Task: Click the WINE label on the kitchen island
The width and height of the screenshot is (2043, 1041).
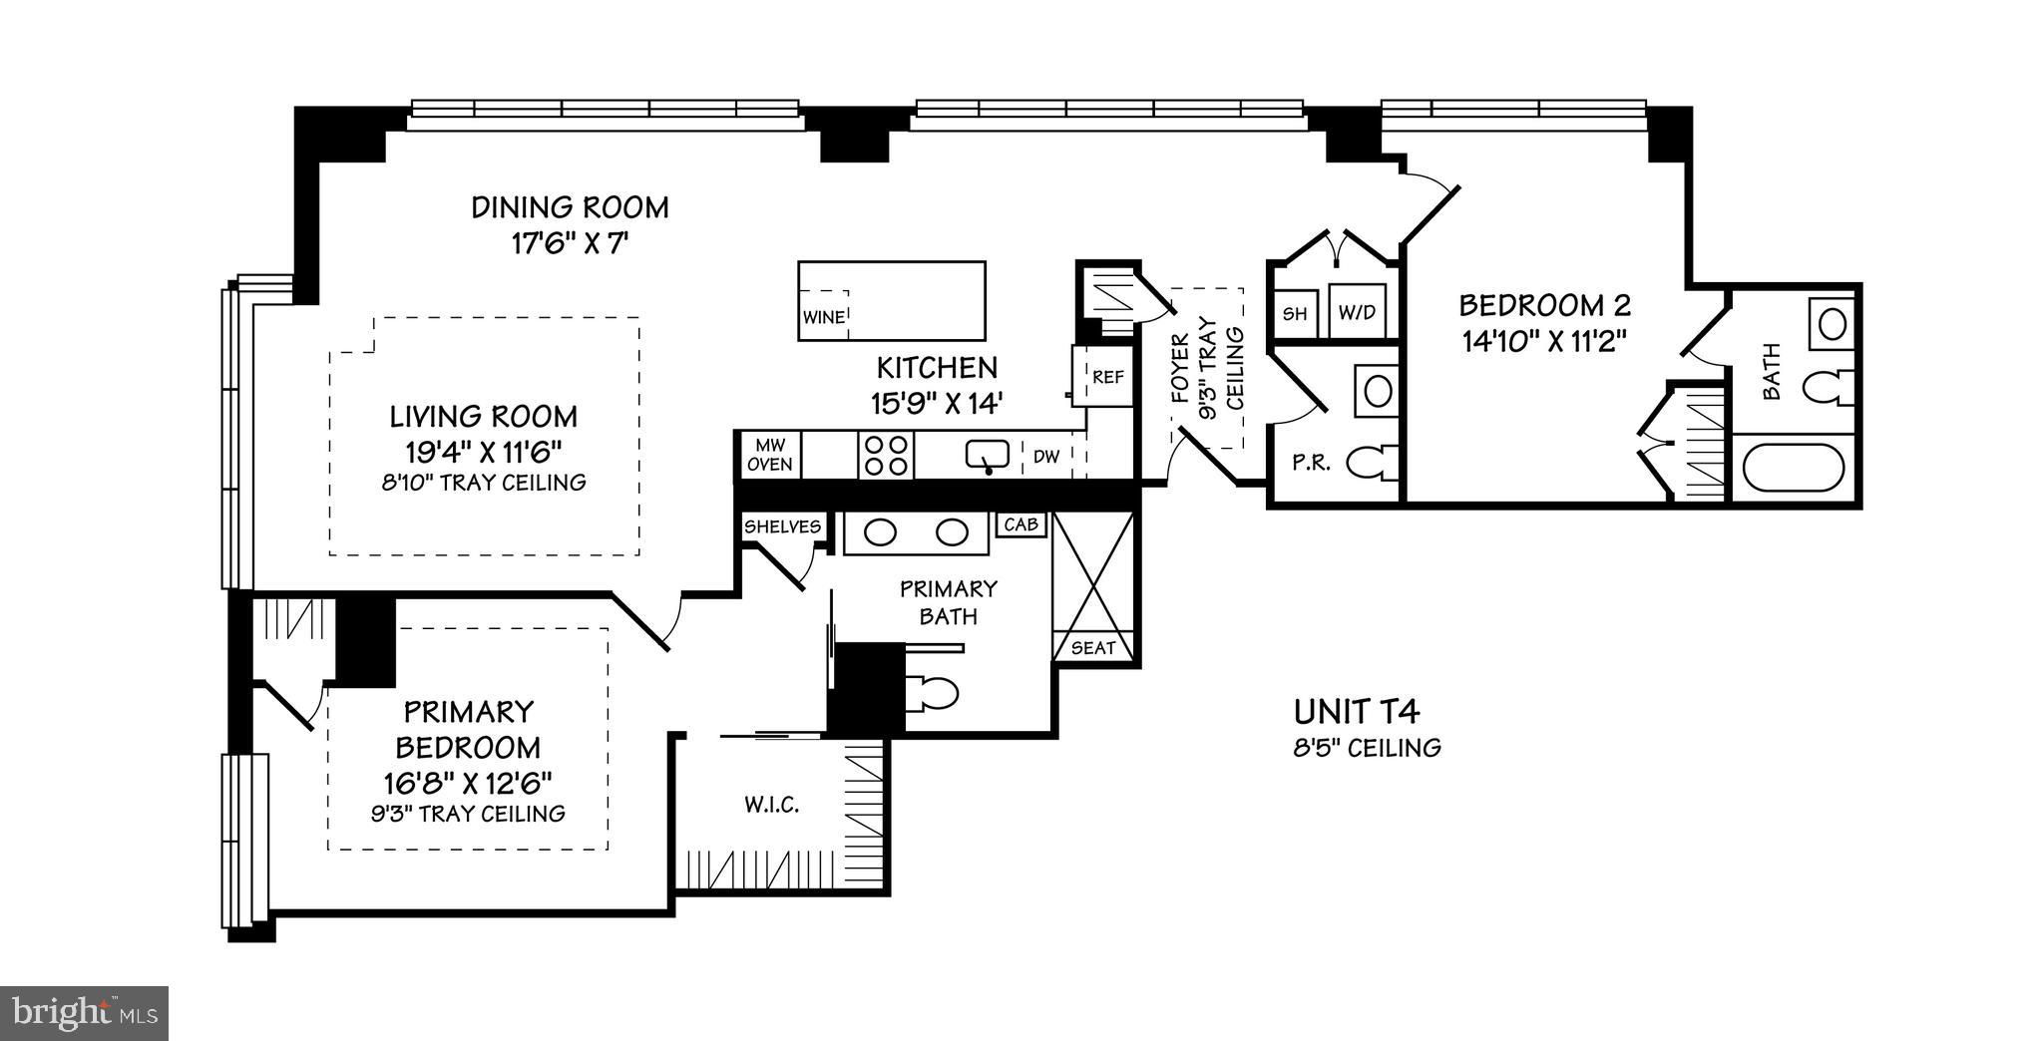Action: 824,318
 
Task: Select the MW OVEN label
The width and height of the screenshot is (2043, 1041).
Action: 770,455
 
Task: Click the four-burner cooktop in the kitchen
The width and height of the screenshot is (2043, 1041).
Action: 886,455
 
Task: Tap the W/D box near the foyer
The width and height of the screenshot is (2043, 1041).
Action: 1356,312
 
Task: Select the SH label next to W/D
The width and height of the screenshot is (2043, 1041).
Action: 1294,313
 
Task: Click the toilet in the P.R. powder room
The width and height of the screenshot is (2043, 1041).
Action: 1371,462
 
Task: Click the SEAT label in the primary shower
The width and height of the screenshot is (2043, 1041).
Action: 1093,647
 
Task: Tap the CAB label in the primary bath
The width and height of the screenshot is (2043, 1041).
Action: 1021,524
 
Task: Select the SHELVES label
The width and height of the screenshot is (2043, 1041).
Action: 783,526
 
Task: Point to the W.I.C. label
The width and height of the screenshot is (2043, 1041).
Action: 771,805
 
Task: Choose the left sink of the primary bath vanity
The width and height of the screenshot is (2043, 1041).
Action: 881,532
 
